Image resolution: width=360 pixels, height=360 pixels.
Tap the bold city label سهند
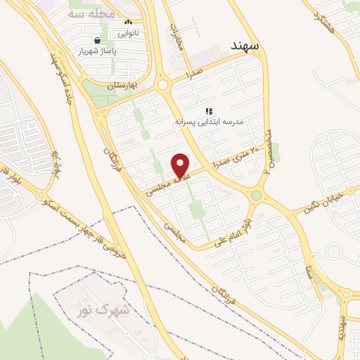(x=245, y=46)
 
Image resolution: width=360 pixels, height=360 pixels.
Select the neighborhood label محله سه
(x=87, y=13)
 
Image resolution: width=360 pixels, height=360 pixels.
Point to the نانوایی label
(x=127, y=33)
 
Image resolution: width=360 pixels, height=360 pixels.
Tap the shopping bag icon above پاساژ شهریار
(x=96, y=40)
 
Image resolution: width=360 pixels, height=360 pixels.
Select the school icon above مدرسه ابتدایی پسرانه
(x=209, y=111)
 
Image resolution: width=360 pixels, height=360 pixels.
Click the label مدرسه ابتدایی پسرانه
(x=210, y=122)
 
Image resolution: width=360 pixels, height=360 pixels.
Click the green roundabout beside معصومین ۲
(x=257, y=195)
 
